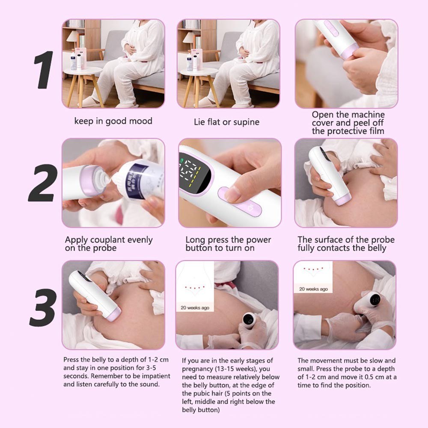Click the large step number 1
tap(44, 70)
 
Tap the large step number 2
tap(43, 183)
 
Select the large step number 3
tap(43, 307)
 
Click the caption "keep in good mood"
tap(113, 121)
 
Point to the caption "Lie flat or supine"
tap(226, 122)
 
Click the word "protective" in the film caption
tap(346, 131)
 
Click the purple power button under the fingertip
tap(240, 202)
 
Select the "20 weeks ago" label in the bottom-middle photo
tap(195, 308)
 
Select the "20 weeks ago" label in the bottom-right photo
tap(313, 289)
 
